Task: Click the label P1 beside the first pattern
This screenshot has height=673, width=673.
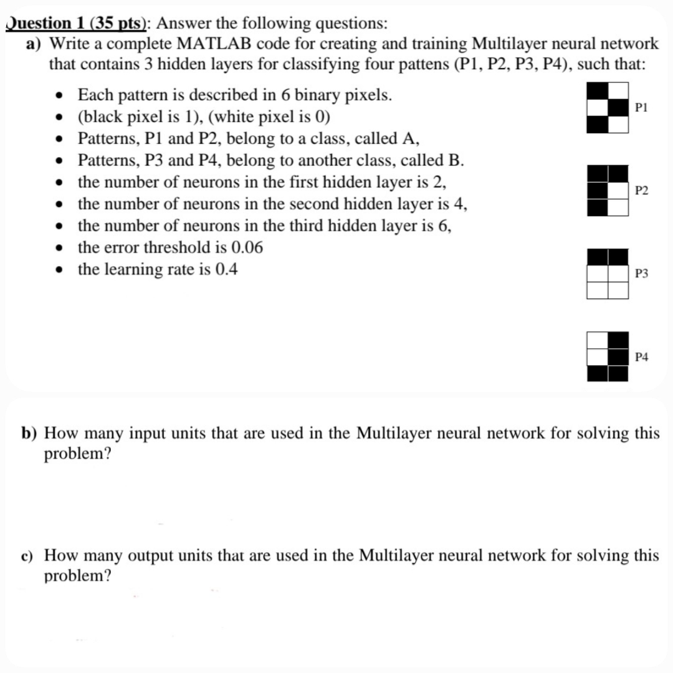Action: tap(642, 107)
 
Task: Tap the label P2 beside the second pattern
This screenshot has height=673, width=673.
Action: tap(642, 190)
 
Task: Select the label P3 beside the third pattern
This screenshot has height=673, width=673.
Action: tap(642, 274)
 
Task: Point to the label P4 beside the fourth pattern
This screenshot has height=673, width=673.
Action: tap(642, 357)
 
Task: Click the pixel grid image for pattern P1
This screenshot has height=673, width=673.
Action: tap(606, 107)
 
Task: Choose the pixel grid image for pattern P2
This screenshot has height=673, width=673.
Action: tap(606, 190)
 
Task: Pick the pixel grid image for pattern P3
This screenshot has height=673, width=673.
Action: tap(606, 274)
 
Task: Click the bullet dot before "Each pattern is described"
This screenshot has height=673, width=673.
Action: tap(60, 96)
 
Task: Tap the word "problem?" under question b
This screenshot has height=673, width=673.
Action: tap(78, 454)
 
